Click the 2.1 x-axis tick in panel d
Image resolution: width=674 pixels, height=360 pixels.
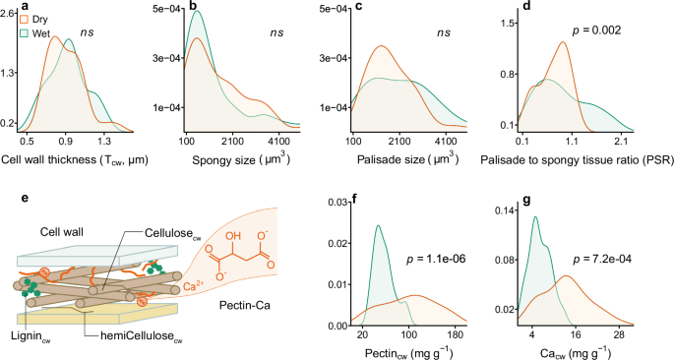tap(622, 142)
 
